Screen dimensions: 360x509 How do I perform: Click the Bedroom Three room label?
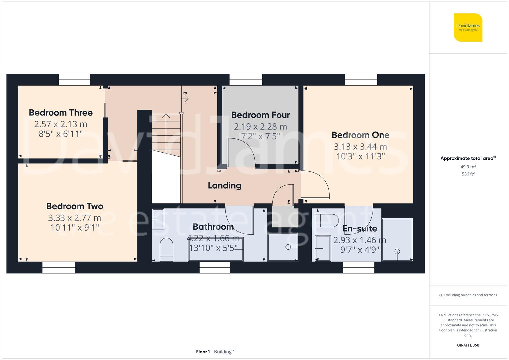(61, 113)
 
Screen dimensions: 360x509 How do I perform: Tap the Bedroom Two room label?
(75, 206)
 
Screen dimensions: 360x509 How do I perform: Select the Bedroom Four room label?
(260, 115)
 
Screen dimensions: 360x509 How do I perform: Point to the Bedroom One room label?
(360, 135)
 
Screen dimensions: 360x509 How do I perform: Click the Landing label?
(224, 186)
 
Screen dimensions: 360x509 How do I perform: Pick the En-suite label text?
(360, 229)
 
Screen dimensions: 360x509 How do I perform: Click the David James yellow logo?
(468, 28)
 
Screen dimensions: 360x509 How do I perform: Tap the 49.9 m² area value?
(468, 167)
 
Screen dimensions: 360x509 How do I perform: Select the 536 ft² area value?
(468, 174)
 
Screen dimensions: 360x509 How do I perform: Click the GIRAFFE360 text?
(468, 345)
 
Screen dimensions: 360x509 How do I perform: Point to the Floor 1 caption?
(203, 352)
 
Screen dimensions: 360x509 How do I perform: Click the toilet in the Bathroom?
(166, 250)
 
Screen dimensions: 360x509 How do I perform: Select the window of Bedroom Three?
(74, 80)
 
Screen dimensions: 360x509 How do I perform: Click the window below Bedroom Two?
(59, 267)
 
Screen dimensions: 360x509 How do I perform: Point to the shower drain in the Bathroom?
(288, 247)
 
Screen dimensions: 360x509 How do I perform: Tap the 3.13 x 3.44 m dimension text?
(360, 147)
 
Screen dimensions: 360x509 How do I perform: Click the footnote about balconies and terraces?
(468, 295)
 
